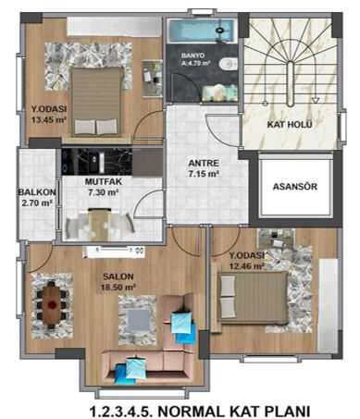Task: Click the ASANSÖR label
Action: pyautogui.click(x=295, y=187)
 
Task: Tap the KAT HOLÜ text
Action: pyautogui.click(x=290, y=125)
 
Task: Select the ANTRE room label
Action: pyautogui.click(x=204, y=163)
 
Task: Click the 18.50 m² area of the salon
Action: pyautogui.click(x=118, y=288)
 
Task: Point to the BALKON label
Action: pyautogui.click(x=37, y=192)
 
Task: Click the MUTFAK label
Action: pyautogui.click(x=104, y=181)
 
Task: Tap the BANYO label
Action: pyautogui.click(x=192, y=55)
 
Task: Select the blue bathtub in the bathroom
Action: pyautogui.click(x=203, y=31)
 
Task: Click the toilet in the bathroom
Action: pyautogui.click(x=229, y=64)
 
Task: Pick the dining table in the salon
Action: pyautogui.click(x=52, y=304)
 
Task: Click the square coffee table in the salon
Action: pyautogui.click(x=139, y=320)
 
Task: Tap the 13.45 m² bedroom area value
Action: pyautogui.click(x=49, y=119)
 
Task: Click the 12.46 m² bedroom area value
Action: pyautogui.click(x=247, y=265)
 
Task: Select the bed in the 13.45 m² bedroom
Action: pyautogui.click(x=95, y=102)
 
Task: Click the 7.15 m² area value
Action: pyautogui.click(x=204, y=174)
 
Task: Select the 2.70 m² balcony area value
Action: pyautogui.click(x=36, y=203)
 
